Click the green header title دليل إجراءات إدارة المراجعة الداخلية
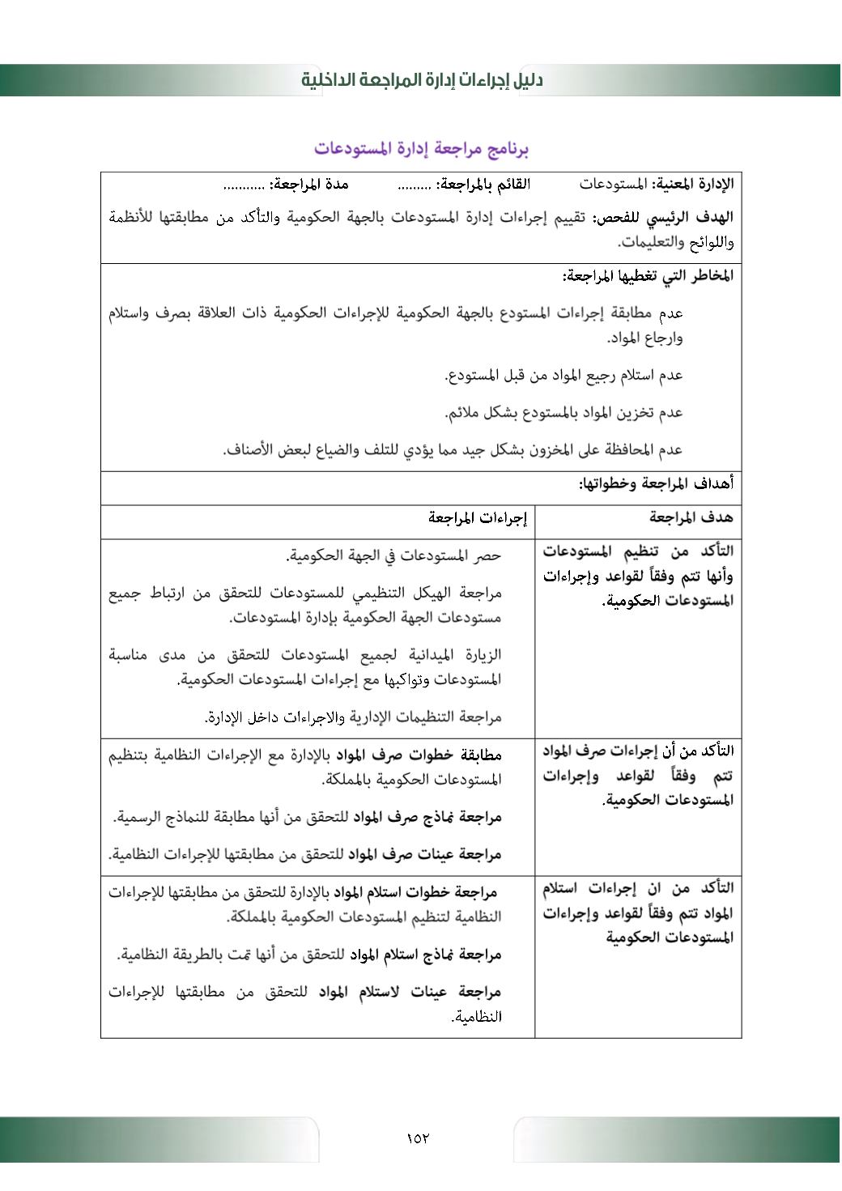[x=422, y=80]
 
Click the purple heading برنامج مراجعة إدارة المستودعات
[x=421, y=149]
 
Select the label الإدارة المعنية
[x=693, y=185]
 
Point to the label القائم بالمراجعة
[x=484, y=185]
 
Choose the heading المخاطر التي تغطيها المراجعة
[x=648, y=276]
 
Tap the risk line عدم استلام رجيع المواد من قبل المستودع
[x=563, y=375]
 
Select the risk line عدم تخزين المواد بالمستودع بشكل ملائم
[x=563, y=413]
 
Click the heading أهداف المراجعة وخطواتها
[x=656, y=484]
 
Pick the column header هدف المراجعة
[x=691, y=517]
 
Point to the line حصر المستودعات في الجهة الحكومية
[x=393, y=555]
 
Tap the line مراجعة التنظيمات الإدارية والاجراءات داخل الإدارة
[x=353, y=717]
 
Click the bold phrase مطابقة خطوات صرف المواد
[x=419, y=755]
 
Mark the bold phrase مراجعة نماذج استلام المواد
[x=426, y=955]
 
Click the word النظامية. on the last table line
[x=477, y=1017]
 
